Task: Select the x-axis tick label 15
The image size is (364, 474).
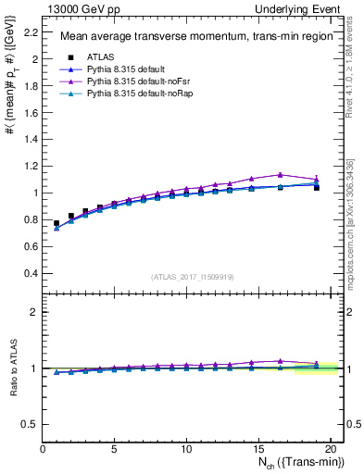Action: (257, 450)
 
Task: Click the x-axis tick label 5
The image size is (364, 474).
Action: (114, 450)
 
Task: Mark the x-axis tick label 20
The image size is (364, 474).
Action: (329, 450)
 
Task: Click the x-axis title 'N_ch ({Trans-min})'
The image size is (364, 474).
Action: (296, 465)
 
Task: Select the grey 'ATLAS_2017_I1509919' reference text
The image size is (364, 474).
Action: (193, 277)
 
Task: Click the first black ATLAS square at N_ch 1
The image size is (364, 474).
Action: (56, 223)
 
